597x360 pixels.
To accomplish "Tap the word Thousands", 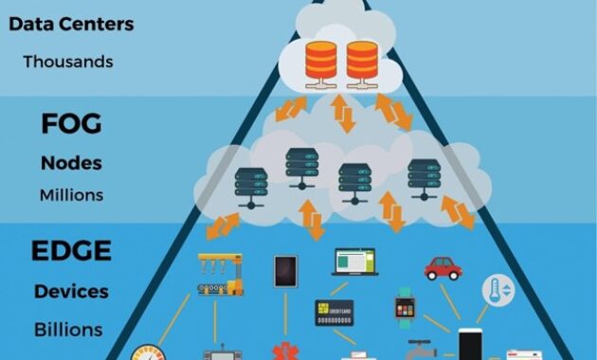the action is point(68,62).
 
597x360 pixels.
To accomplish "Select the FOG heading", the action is point(71,125).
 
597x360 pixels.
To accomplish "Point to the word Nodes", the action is point(71,162).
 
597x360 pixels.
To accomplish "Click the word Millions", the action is point(71,196).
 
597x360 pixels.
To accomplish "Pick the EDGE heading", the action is point(71,251).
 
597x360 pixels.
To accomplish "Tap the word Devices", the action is point(71,291).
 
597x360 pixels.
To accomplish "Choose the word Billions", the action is point(68,330).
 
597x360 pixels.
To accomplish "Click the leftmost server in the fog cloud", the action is point(249,184).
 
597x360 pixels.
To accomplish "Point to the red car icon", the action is point(443,268).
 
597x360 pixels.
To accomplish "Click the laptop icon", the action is point(353,261).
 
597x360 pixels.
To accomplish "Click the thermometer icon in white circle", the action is point(497,290).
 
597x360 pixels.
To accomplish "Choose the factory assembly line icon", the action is point(219,276).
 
